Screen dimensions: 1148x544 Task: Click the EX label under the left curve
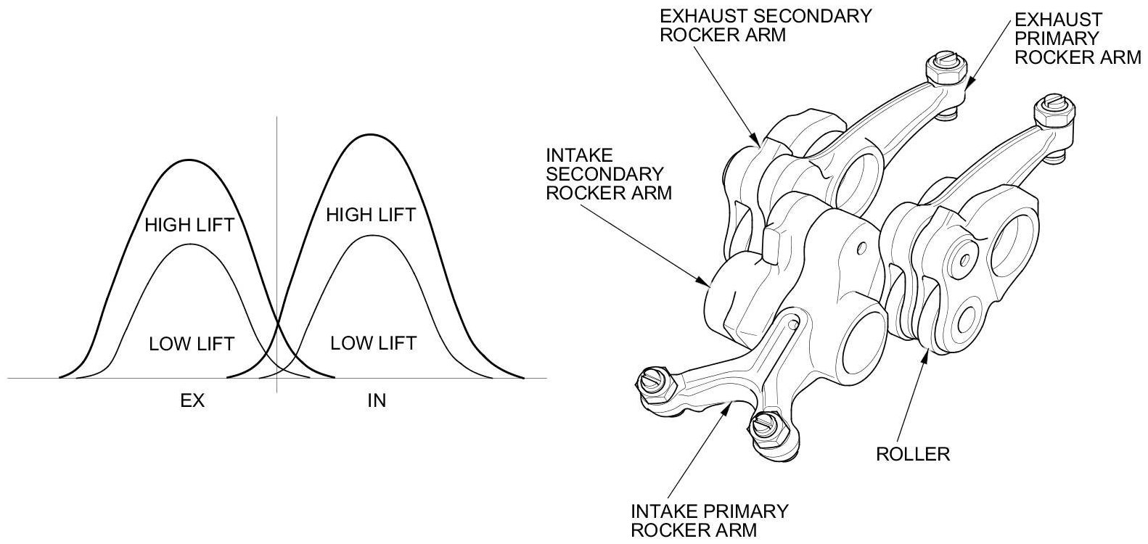pos(192,400)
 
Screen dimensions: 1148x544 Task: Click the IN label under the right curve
pos(376,400)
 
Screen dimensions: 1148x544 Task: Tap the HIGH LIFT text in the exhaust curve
pos(189,225)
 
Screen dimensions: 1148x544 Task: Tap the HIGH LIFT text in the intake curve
pos(371,215)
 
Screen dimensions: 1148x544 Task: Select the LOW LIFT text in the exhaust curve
pos(192,343)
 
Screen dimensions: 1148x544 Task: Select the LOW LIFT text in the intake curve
pos(373,342)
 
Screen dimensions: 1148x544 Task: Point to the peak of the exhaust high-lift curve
pos(189,160)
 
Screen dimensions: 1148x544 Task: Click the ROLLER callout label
pos(912,455)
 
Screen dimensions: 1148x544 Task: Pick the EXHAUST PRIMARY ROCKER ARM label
pos(1077,38)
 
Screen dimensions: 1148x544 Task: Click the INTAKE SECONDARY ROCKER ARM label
pos(608,174)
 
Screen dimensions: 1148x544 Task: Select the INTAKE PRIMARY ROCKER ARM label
pos(709,520)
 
